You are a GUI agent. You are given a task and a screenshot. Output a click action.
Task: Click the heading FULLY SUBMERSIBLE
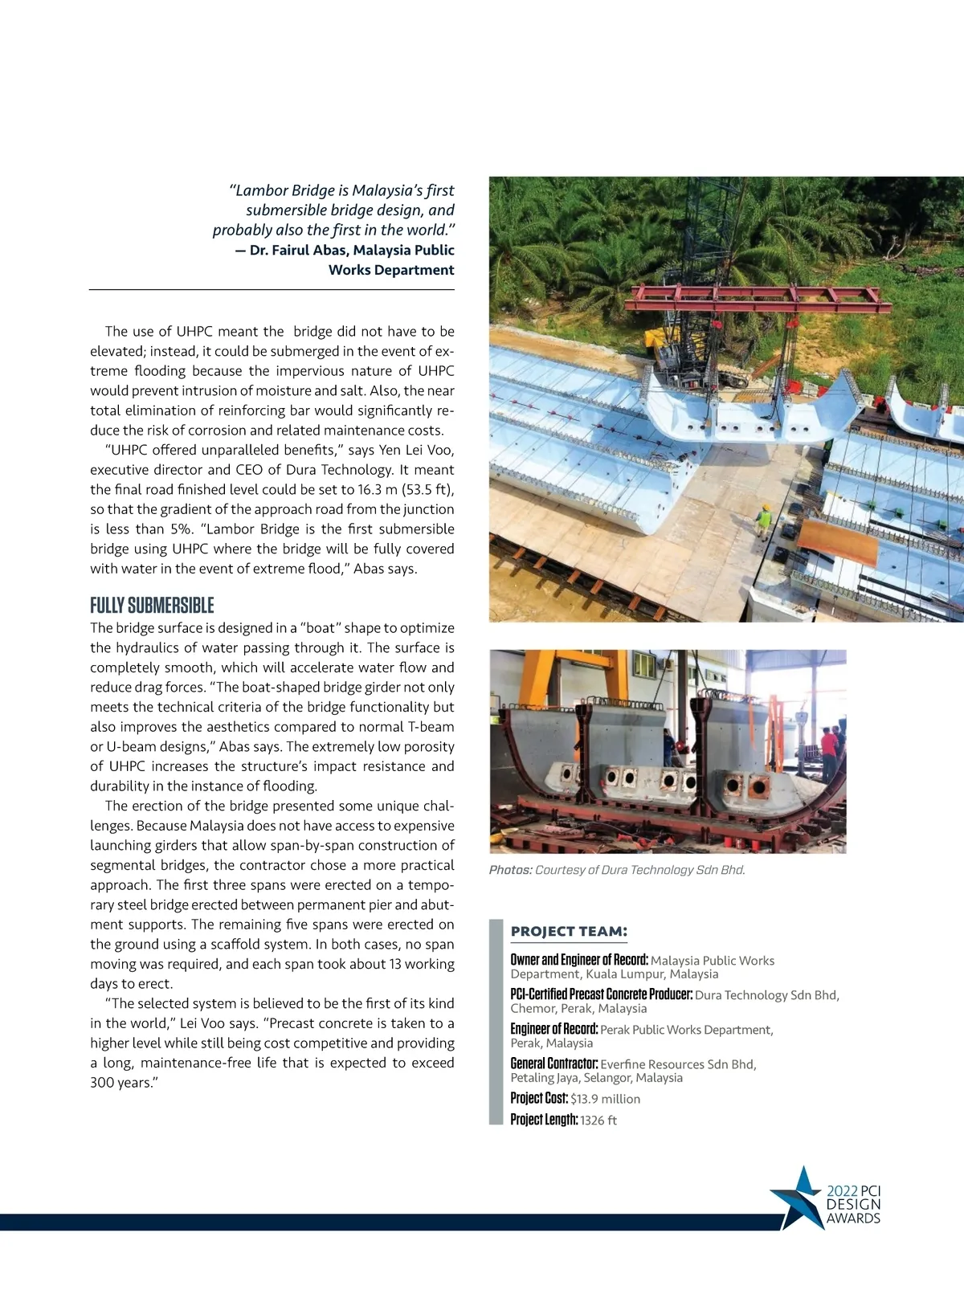click(152, 606)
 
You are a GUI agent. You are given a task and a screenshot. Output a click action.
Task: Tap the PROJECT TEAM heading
click(569, 932)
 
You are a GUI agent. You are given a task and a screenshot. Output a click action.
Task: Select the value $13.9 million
click(606, 1099)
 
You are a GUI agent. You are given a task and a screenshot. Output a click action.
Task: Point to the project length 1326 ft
click(598, 1121)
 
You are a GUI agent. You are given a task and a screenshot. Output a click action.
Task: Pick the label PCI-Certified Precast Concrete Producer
click(602, 994)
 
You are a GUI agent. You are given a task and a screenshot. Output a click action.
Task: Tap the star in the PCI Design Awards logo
click(798, 1197)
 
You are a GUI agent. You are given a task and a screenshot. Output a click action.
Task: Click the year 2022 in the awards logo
click(842, 1191)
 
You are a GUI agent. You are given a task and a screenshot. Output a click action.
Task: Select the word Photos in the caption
click(510, 870)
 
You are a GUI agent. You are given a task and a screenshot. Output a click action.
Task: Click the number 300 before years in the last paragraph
click(103, 1083)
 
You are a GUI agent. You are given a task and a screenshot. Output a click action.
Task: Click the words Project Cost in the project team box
click(539, 1099)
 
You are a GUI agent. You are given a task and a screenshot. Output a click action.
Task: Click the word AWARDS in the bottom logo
click(853, 1219)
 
